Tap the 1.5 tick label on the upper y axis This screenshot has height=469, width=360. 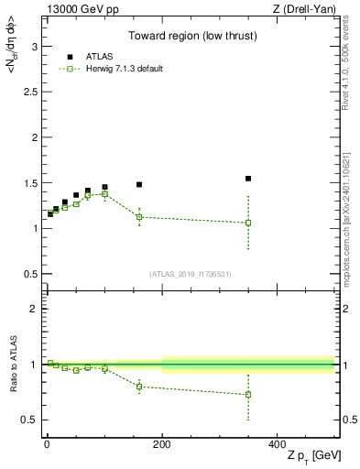(28, 183)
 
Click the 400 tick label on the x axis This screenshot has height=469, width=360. (277, 444)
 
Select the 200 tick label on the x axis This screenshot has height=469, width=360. (162, 444)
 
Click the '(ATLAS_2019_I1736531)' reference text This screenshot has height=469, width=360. (191, 273)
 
